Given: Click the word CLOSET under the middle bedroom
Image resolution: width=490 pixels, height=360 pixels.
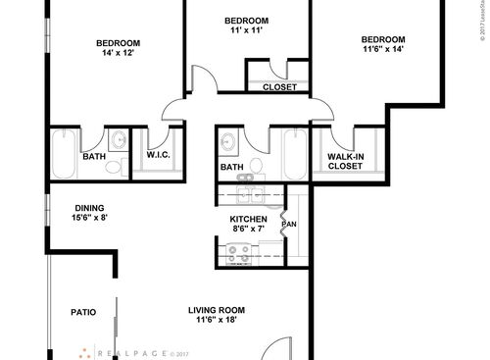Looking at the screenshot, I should [x=279, y=87].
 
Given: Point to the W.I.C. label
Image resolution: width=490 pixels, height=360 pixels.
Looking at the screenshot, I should [x=159, y=155].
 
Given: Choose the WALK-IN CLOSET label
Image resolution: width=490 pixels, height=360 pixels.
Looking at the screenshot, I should [x=345, y=160].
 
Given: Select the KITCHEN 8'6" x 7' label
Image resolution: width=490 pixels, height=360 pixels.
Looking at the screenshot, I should [x=249, y=224].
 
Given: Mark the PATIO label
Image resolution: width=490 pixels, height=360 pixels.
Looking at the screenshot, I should [x=83, y=313].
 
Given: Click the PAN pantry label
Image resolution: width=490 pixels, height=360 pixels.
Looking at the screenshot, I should [x=289, y=225].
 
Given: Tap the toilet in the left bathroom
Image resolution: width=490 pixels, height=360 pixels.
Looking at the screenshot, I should [x=115, y=167].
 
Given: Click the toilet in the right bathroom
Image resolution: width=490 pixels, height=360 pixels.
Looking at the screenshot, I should [x=257, y=165].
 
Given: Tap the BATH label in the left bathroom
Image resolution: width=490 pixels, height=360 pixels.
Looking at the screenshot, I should [x=94, y=155].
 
